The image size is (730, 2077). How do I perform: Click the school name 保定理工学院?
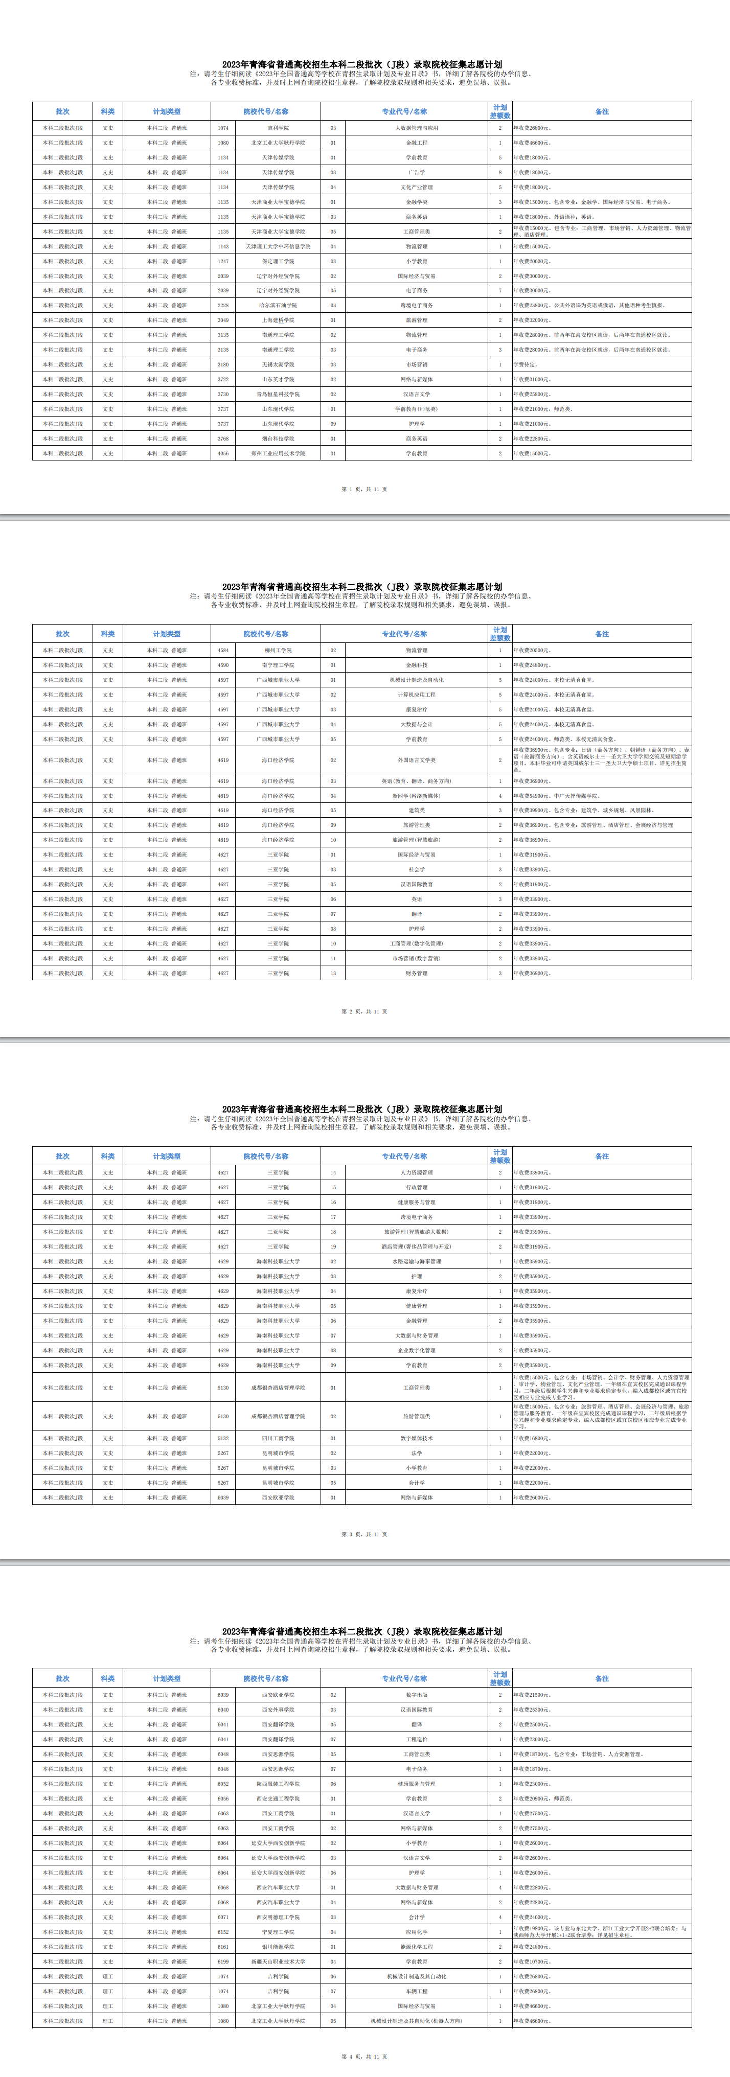click(278, 261)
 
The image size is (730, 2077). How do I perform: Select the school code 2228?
click(223, 306)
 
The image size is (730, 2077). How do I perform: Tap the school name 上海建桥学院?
click(278, 320)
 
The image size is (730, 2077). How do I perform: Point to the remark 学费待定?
click(526, 364)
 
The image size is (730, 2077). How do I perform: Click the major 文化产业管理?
click(416, 187)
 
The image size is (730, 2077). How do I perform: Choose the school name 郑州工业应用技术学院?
click(278, 454)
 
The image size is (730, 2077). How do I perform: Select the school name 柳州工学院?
click(278, 651)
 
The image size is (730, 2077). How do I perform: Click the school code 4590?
click(223, 665)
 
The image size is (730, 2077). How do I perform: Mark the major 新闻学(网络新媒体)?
click(416, 796)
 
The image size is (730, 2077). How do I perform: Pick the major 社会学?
click(416, 870)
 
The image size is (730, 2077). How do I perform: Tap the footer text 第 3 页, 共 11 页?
click(364, 1534)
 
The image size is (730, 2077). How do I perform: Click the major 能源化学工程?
click(416, 1946)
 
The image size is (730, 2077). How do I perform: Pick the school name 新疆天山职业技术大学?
click(278, 1961)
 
